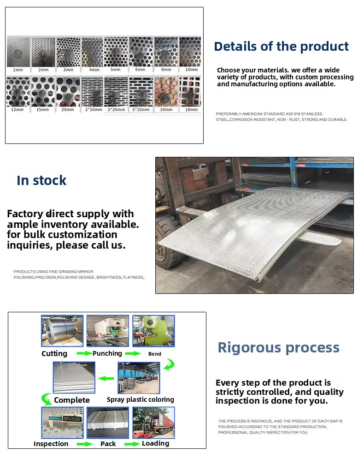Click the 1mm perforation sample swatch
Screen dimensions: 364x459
pos(18,52)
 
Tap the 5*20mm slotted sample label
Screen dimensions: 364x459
pos(141,109)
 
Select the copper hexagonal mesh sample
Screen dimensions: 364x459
pos(166,92)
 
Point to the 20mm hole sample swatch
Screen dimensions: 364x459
pos(68,92)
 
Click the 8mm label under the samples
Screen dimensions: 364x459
pos(166,70)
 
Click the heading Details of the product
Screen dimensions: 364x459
pos(281,46)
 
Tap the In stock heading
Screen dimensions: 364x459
pos(41,180)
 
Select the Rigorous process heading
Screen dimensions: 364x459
pos(278,348)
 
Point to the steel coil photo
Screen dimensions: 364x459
pos(62,331)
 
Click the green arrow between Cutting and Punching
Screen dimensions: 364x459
pos(84,353)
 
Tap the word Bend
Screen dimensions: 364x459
pos(155,354)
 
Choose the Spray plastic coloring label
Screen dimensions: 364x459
pos(141,399)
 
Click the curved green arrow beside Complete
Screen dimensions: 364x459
pos(46,399)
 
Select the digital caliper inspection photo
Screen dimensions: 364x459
pos(62,423)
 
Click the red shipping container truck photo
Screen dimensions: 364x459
pos(154,423)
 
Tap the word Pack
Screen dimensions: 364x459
pos(108,444)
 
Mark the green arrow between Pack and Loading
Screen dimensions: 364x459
pos(132,444)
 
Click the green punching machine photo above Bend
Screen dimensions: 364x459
pos(154,331)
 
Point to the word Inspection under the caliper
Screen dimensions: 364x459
pos(51,444)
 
